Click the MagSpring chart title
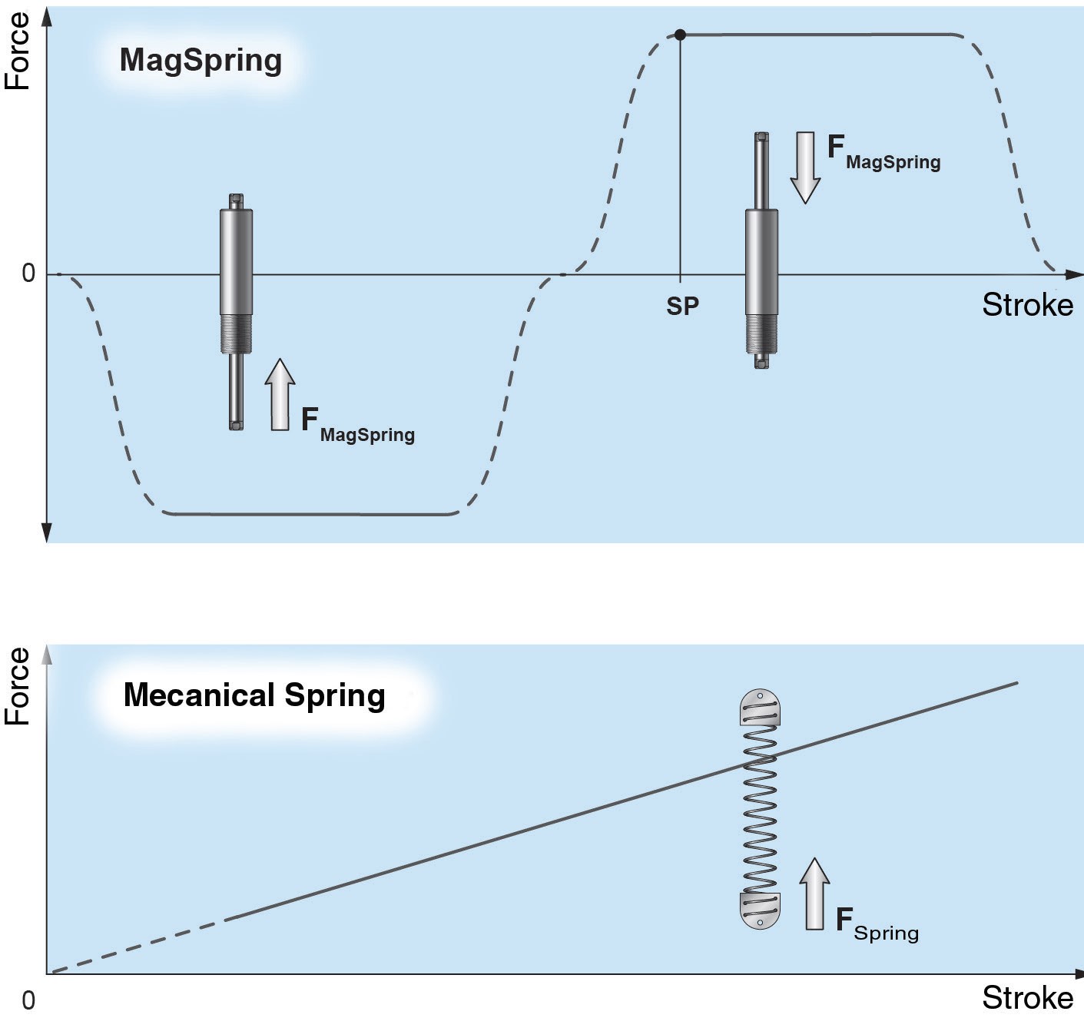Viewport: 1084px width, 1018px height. pos(201,61)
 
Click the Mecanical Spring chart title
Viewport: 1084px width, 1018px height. pos(254,695)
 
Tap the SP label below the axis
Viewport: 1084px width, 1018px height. pos(682,307)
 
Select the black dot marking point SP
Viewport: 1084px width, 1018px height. pos(680,35)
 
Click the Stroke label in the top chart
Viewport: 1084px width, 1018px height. pos(1027,305)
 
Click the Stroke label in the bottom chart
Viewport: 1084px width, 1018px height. pos(1027,998)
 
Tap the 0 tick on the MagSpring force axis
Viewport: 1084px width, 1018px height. pos(28,274)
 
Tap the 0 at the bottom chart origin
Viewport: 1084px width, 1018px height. pos(28,1000)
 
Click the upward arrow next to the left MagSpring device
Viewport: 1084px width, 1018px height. pos(280,395)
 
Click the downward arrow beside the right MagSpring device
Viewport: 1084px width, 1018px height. pos(805,167)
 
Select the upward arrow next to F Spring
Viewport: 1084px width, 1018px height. pos(814,894)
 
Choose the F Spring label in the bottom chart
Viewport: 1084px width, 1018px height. pos(877,923)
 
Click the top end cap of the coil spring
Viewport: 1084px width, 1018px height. pos(760,707)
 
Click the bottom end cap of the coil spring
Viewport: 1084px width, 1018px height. pos(760,911)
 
